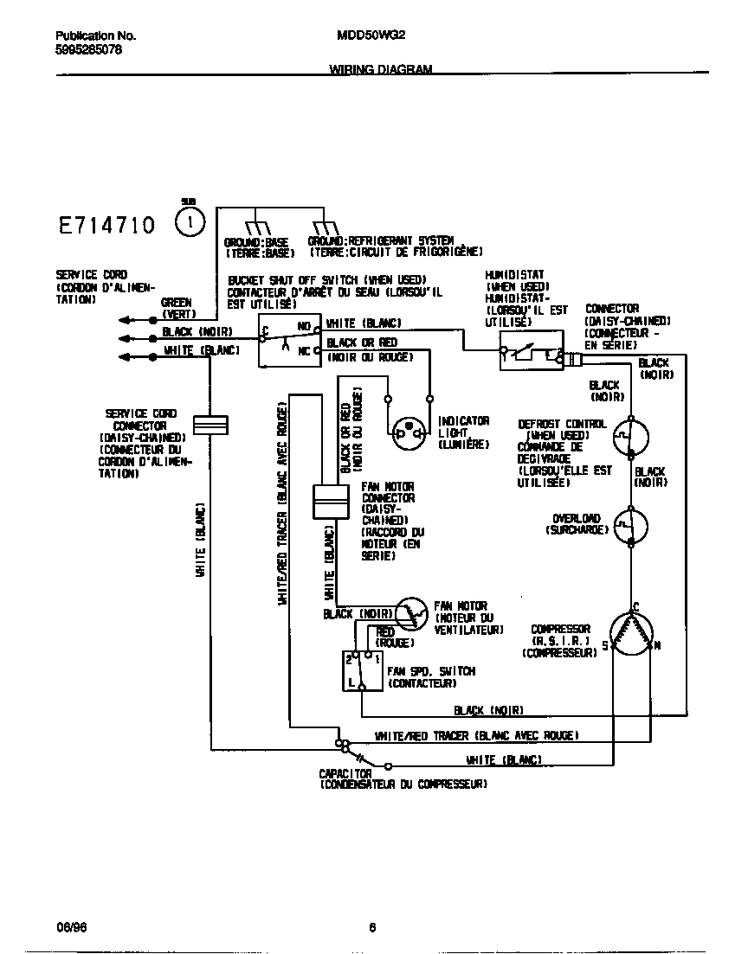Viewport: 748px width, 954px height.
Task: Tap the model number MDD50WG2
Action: point(370,36)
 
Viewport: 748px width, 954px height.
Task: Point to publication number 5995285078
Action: point(88,50)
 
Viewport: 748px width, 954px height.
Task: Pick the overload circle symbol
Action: point(632,525)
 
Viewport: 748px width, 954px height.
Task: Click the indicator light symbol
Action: point(408,433)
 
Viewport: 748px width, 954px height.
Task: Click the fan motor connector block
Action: point(329,503)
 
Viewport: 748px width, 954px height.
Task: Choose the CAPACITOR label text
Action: point(345,773)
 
